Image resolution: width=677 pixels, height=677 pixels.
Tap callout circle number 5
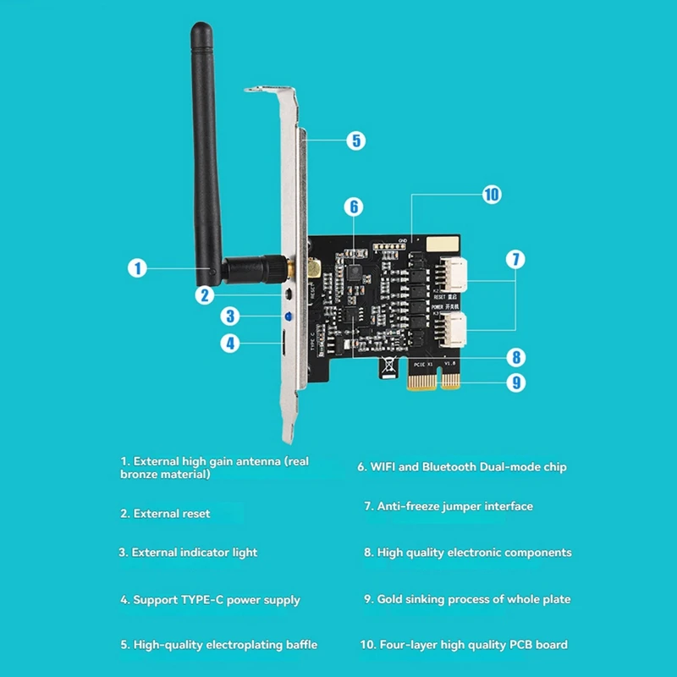pos(355,140)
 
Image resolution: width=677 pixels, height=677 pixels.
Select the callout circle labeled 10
pos(492,195)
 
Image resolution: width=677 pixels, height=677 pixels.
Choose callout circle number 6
pos(354,206)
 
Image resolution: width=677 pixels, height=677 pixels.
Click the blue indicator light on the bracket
pos(289,317)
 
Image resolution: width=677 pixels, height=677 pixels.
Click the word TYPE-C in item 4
pos(204,600)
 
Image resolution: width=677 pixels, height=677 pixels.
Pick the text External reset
pos(172,514)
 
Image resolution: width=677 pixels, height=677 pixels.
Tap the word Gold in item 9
pos(391,599)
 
